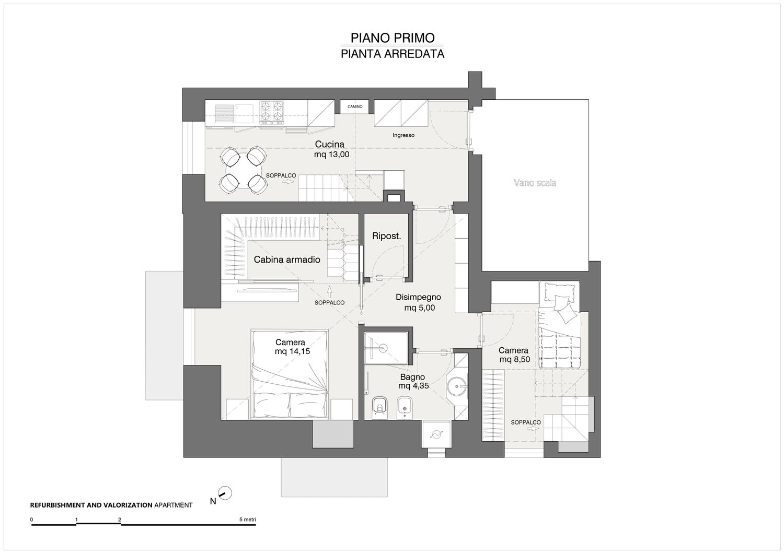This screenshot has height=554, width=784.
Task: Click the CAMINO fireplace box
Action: [x=354, y=107]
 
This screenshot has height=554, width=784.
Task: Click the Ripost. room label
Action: [x=386, y=236]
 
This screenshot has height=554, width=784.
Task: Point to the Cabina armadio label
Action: [x=287, y=260]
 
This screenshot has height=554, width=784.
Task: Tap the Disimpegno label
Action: [x=418, y=297]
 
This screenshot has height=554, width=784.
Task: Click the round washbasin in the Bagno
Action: [x=457, y=386]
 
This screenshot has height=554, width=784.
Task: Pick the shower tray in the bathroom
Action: [x=386, y=348]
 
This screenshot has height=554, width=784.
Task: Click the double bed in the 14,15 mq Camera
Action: [x=290, y=374]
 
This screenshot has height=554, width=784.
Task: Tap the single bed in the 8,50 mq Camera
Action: [x=559, y=325]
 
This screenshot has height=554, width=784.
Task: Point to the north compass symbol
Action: [x=225, y=493]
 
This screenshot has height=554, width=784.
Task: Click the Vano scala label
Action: [x=535, y=183]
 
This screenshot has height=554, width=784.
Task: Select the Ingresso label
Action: [x=403, y=135]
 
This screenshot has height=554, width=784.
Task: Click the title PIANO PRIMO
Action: [x=393, y=38]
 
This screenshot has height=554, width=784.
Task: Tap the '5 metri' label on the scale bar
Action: [x=247, y=520]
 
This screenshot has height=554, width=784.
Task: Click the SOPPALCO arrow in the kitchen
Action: [x=288, y=182]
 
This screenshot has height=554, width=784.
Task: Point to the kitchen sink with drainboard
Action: [x=234, y=114]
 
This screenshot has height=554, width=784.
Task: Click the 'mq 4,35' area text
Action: [x=413, y=386]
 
